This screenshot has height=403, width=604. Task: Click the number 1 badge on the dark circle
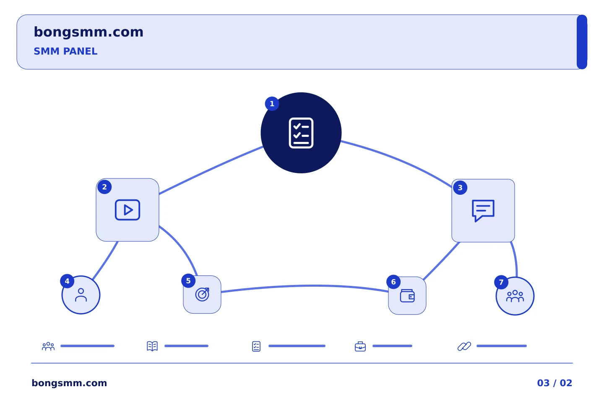coord(272,104)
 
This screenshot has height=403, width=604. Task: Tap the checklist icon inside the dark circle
coord(301,133)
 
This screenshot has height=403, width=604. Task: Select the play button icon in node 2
coord(127,210)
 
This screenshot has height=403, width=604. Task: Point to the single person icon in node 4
coord(81,295)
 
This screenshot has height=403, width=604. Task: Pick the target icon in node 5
coord(202,294)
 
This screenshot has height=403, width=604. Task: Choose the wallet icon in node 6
coord(407,296)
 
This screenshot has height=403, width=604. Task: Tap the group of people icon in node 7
coord(515,296)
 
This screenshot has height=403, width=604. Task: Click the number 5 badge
coord(188,281)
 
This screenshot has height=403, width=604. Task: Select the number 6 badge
coord(393,282)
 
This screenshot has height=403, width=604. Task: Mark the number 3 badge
coord(460,188)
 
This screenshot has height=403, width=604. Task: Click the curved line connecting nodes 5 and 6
coord(305,285)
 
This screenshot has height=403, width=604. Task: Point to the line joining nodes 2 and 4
coord(105,261)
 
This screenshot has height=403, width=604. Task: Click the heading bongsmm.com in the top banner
coord(89,32)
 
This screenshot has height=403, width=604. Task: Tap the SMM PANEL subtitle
coord(65,51)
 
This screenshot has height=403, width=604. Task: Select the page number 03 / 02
coord(555,383)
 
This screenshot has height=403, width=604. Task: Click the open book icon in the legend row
coord(152,346)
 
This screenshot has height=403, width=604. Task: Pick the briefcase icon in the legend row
coord(360,346)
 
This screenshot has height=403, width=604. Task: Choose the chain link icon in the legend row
coord(464,346)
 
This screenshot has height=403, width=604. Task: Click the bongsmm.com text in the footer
coord(69,383)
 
